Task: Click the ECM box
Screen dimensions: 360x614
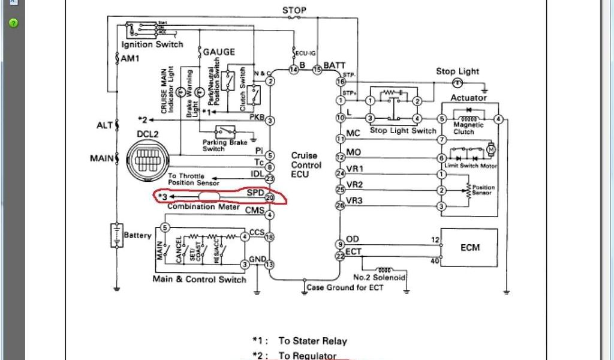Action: tap(469, 247)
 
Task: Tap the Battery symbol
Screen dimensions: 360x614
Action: tap(115, 235)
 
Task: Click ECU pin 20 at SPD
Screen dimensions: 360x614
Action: tap(270, 197)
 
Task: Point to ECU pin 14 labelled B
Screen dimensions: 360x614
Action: tap(294, 70)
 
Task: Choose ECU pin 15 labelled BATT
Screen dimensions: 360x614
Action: tap(317, 70)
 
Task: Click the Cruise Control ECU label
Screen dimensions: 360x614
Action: tap(306, 165)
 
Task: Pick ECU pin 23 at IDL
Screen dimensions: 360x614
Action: tap(270, 178)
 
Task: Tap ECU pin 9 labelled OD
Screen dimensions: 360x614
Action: tap(340, 244)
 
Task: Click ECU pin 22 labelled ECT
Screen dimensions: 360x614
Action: tap(340, 256)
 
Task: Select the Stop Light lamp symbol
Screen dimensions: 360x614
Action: tap(457, 82)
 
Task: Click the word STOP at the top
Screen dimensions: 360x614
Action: tap(294, 10)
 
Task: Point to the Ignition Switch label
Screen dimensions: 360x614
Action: tap(152, 45)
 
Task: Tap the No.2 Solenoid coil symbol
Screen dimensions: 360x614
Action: tap(386, 269)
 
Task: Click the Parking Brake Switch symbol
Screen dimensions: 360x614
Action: tap(225, 131)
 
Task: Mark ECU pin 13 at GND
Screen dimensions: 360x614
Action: tap(270, 264)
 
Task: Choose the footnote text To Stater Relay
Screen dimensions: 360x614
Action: tap(313, 341)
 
